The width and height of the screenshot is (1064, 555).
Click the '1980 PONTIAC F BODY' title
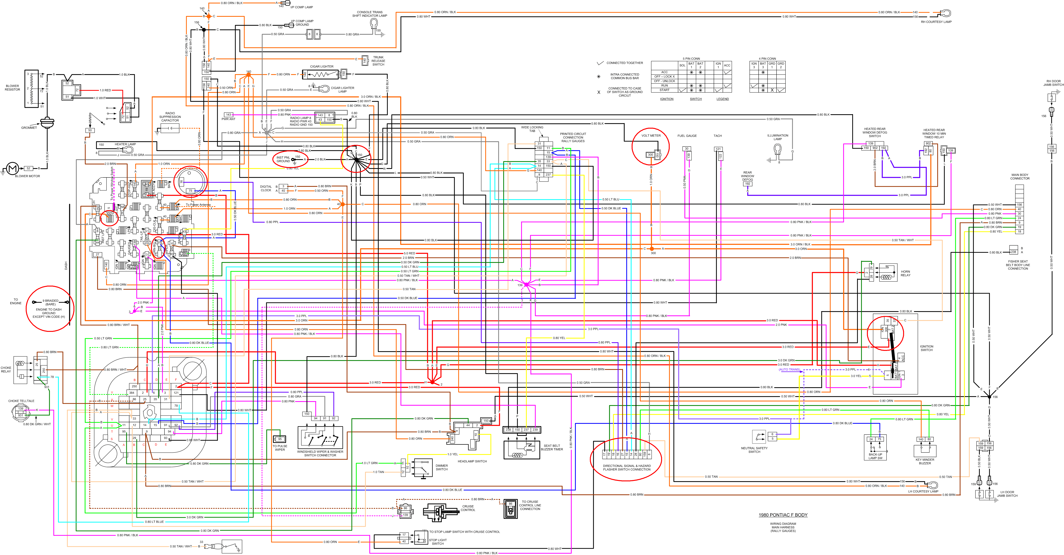pos(783,515)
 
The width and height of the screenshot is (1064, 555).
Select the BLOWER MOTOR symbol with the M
pos(12,169)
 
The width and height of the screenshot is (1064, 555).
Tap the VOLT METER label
pos(651,136)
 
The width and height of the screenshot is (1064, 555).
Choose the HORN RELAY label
pos(905,273)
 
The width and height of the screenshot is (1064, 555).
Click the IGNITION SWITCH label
pos(926,348)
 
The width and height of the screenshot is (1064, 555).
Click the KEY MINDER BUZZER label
pos(925,461)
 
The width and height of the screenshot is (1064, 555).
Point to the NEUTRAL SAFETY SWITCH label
pos(754,450)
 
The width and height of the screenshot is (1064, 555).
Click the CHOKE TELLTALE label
pos(21,401)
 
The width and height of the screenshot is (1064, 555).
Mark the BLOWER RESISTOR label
pos(12,88)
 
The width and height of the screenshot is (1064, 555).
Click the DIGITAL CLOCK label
pos(266,188)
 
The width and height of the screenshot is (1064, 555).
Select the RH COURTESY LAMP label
pos(936,22)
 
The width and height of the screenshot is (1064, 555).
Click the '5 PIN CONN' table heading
pos(691,59)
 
